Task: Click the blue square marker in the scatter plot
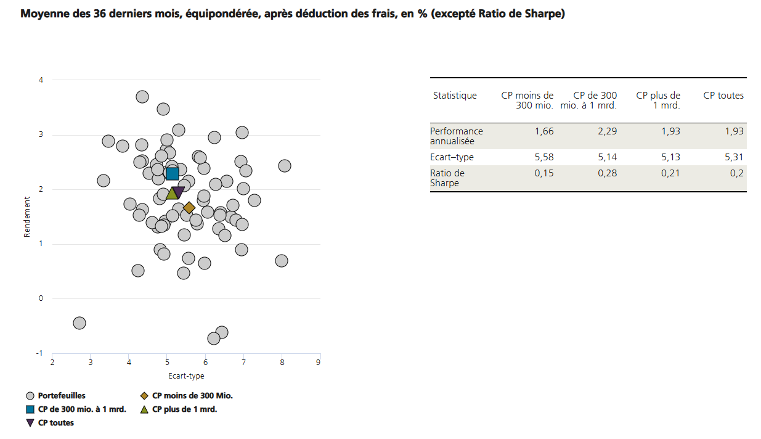coord(172,174)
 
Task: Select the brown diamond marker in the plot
coord(189,208)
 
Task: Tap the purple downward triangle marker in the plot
coord(179,192)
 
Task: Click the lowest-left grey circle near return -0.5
coord(79,323)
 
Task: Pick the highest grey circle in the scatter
coord(142,97)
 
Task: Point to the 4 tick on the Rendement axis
coord(41,80)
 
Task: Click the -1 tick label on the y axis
coord(39,353)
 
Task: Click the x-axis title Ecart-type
coord(186,375)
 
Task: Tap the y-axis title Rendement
coord(27,216)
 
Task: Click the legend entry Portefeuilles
coord(62,396)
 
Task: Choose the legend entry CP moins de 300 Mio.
coord(192,396)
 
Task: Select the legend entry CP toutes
coord(55,423)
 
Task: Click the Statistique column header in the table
coord(455,96)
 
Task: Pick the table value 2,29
coord(606,131)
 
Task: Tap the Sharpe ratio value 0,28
coord(606,173)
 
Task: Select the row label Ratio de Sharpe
coord(447,178)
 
